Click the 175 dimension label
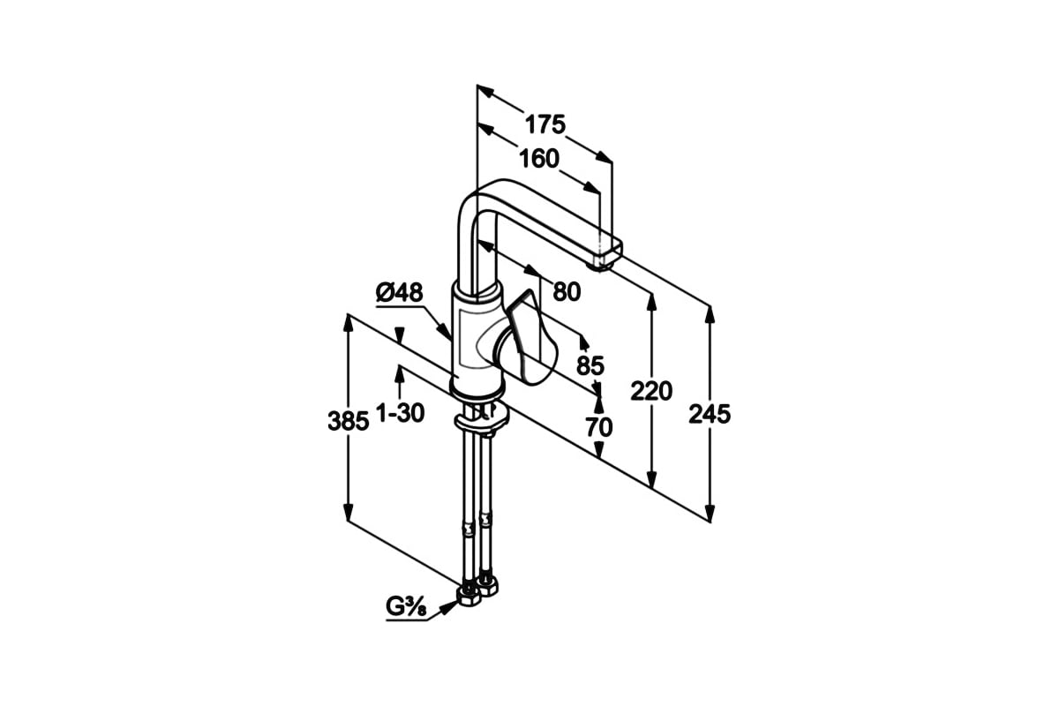545,124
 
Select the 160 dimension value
539,159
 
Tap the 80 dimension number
567,292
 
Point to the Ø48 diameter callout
400,293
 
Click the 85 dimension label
590,365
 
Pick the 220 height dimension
651,391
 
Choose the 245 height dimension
710,414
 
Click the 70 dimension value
599,427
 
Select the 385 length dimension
348,421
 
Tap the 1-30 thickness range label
400,413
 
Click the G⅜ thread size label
406,606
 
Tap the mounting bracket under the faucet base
481,420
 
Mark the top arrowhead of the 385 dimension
348,323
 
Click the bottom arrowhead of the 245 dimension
710,513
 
